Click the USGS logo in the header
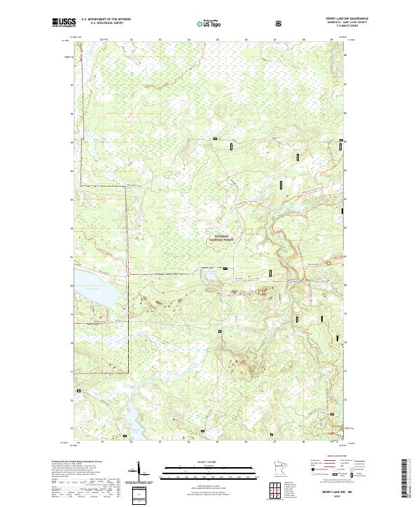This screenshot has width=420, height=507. pyautogui.click(x=61, y=22)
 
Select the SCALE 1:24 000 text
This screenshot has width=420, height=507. pyautogui.click(x=209, y=462)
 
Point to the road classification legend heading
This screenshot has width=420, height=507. pyautogui.click(x=326, y=458)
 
